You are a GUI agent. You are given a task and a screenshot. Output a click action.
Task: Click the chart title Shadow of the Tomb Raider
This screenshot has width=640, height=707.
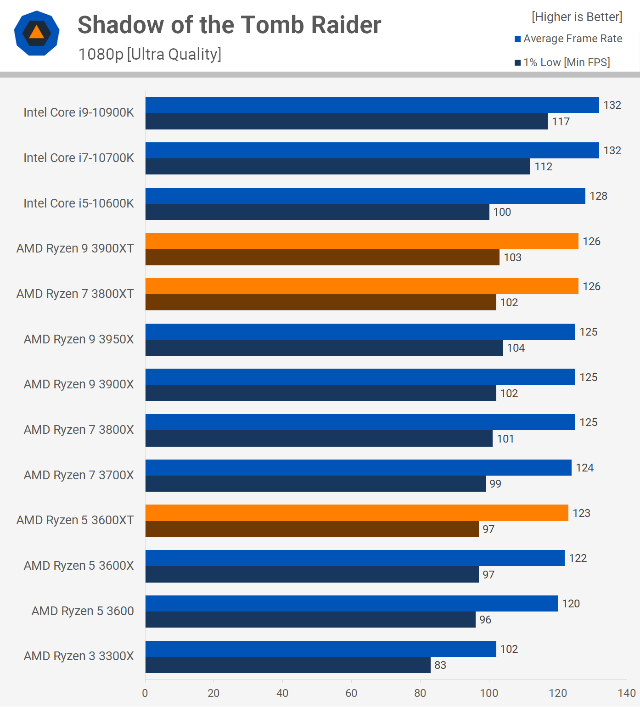coord(229,25)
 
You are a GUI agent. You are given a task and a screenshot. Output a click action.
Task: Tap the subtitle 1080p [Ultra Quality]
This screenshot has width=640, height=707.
coord(150,54)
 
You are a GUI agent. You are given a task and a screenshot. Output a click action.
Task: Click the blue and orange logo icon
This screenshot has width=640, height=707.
coord(37,33)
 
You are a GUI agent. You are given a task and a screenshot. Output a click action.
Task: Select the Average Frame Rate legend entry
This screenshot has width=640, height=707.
coord(568,39)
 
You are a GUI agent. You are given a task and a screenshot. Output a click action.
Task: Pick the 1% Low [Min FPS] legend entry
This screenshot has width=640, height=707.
coord(562,62)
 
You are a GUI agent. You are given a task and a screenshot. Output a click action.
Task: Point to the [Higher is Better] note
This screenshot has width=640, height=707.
coord(577,17)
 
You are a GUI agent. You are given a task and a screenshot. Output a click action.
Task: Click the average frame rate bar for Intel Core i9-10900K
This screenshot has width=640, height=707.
coord(372,105)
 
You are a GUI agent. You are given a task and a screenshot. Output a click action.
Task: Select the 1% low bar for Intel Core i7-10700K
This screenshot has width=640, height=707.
coord(337,167)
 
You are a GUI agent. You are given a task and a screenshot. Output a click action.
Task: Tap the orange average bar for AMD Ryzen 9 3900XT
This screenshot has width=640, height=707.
coord(362,241)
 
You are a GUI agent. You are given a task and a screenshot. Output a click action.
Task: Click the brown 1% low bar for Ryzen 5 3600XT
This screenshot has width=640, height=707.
coord(312,529)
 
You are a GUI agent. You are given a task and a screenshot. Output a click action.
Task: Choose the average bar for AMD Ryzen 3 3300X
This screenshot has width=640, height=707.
coord(320,649)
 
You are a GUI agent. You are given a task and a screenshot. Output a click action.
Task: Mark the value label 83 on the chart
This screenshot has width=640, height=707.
coord(440,665)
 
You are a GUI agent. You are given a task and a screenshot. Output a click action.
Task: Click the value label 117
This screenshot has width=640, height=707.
coord(561,122)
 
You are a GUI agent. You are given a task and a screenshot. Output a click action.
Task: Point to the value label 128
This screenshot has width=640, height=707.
coord(598,196)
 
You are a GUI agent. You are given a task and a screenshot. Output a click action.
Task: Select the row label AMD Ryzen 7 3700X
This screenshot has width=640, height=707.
coord(79,475)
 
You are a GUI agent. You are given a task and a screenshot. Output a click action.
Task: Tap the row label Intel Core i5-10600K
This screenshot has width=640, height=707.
coord(79,203)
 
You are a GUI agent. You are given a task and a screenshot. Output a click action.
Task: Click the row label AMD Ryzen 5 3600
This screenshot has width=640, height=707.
coord(83,611)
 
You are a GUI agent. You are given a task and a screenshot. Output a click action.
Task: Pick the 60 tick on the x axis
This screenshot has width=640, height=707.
coord(351,693)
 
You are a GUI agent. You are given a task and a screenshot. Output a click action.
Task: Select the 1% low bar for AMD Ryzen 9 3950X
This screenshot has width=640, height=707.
coord(324,348)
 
